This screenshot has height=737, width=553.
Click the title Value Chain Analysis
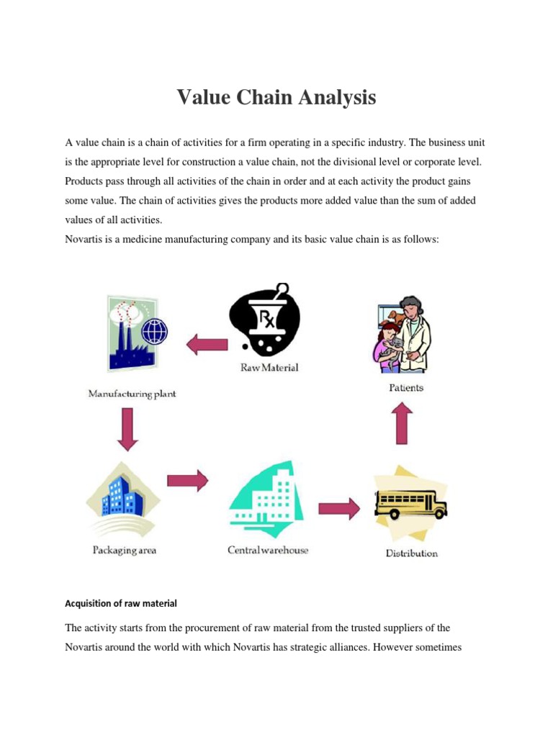point(276,96)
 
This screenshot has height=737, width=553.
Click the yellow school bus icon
point(410,504)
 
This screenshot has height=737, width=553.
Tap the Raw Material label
point(269,368)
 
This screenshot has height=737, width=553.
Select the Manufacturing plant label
point(132,394)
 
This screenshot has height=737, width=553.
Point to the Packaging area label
point(125,551)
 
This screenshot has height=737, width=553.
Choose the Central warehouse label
point(268,550)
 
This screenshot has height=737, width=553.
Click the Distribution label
point(412,553)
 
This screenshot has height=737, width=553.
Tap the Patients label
point(405,387)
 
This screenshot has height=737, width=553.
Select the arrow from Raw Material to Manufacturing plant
point(207,345)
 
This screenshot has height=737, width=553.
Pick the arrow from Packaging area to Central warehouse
point(187,481)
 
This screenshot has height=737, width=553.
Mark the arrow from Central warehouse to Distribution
point(338,509)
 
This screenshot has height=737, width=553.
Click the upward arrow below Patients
point(403,422)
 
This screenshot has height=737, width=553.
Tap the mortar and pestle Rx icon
point(264,320)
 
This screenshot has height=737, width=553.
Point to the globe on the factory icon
point(154,332)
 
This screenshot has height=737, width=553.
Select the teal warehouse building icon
point(266,497)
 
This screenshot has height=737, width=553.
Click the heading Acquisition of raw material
point(121,603)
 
